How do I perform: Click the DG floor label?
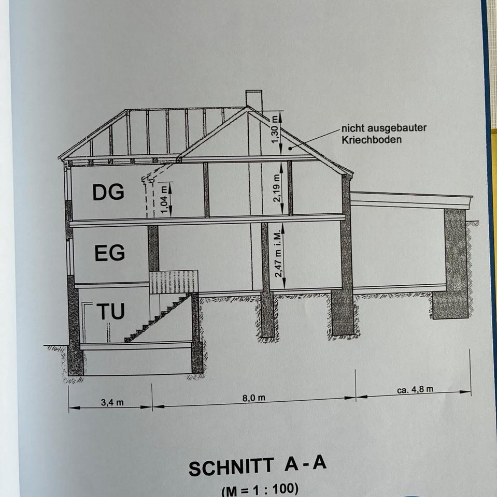[x=108, y=193]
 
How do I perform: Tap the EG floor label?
[x=109, y=254]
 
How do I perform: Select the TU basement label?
[x=110, y=312]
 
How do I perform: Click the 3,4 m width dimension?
[x=112, y=402]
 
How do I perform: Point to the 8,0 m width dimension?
[x=254, y=398]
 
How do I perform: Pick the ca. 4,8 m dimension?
[x=416, y=390]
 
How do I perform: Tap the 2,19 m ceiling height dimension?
[x=276, y=188]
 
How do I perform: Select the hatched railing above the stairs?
[x=174, y=282]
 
